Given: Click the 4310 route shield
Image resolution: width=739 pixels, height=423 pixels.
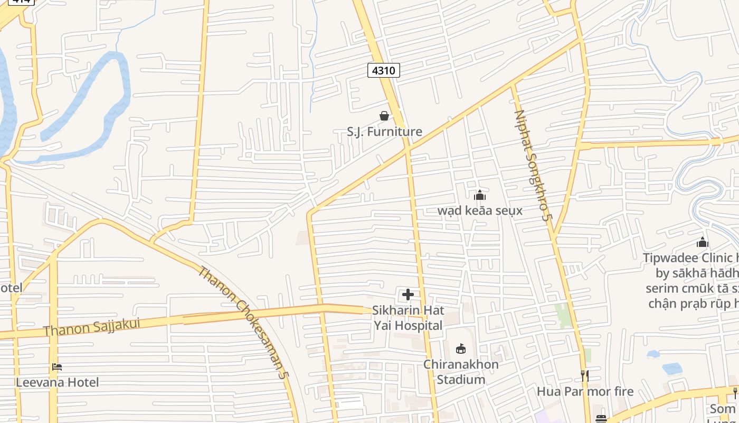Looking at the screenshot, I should tap(384, 70).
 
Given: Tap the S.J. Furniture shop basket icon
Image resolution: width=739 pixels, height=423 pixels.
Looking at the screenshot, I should tap(384, 116).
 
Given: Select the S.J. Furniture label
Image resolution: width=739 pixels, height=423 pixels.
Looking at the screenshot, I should tap(384, 132).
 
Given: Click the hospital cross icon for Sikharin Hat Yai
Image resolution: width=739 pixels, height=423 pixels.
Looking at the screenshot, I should tap(408, 295).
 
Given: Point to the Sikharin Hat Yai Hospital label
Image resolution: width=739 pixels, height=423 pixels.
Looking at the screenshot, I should tap(408, 318).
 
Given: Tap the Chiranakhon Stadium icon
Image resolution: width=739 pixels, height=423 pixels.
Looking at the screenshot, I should tap(461, 348).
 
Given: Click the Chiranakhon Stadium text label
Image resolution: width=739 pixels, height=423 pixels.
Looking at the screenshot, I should tap(461, 372).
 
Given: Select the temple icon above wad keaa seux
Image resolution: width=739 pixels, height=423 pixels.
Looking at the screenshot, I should tap(479, 196).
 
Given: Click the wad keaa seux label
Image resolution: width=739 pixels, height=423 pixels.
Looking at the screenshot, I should tap(480, 210).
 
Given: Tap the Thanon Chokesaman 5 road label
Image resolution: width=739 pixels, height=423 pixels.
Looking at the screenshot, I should tap(243, 322).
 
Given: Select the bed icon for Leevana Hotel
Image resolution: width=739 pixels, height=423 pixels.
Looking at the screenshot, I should tap(57, 367).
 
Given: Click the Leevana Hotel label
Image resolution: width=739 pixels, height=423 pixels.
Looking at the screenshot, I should tap(57, 382).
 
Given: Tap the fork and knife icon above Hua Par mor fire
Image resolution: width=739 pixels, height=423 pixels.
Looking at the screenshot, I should tap(585, 376).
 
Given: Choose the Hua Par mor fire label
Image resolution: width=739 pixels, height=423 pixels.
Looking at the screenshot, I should tap(585, 391).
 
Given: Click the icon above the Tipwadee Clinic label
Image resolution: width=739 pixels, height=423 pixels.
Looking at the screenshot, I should tap(702, 243).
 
